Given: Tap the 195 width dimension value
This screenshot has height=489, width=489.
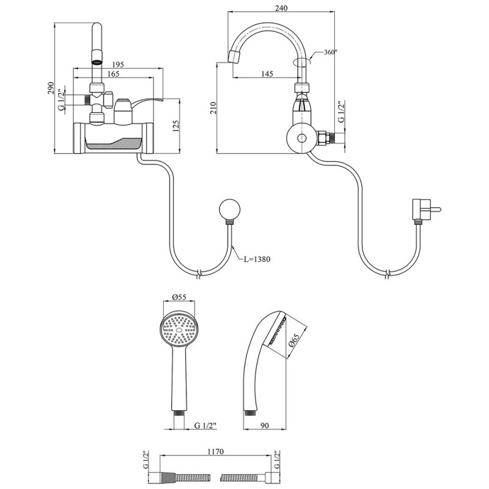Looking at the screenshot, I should coord(119,64).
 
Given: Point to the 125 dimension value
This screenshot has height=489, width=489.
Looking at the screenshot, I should coord(175,127).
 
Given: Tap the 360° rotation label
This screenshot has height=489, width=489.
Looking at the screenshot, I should coord(330,53).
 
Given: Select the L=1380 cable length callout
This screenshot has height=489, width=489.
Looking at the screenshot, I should coord(257,259).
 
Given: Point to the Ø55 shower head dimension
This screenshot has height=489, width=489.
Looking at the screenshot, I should coord(178,298).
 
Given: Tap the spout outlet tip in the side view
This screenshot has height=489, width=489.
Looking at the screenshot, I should coord(233,57).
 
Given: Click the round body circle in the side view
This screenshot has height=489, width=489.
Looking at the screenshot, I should coord(300,139).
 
